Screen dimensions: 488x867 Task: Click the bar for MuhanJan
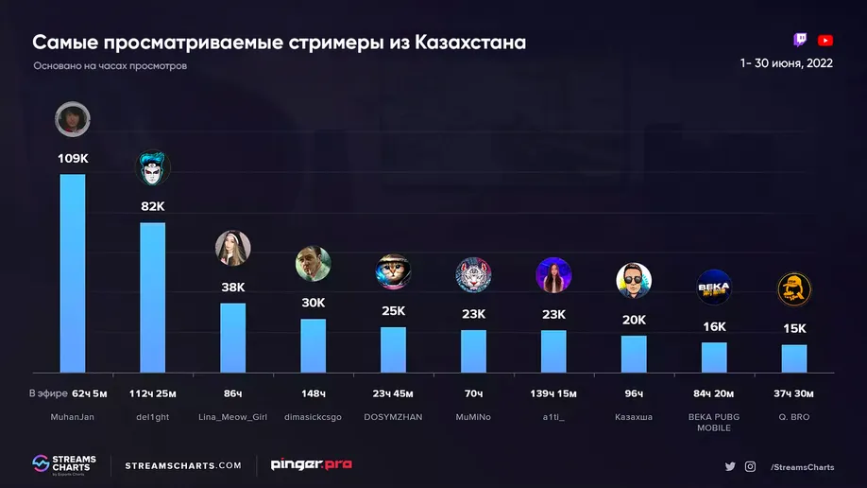point(73,273)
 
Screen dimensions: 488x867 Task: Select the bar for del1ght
point(153,297)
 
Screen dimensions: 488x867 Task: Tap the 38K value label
point(232,287)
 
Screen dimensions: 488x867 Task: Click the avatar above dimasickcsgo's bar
point(313,264)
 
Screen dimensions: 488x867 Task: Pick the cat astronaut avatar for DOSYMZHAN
point(393,271)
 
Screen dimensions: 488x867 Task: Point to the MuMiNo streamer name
point(473,417)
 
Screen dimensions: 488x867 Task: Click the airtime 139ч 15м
point(553,393)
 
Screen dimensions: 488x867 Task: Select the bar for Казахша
point(634,354)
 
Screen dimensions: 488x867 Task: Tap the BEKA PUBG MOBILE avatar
point(714,287)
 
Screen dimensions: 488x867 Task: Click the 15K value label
point(794,328)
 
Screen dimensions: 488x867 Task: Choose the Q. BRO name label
point(794,417)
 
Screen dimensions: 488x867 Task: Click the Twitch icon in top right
point(801,40)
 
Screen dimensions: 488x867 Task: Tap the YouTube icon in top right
point(825,40)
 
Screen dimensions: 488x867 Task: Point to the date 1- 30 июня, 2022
point(787,63)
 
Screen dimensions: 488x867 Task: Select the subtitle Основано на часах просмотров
point(110,66)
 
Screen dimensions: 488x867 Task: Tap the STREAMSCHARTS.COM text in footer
point(183,465)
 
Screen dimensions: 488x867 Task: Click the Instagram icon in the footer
point(750,466)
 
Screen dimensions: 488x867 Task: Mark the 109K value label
point(73,158)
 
